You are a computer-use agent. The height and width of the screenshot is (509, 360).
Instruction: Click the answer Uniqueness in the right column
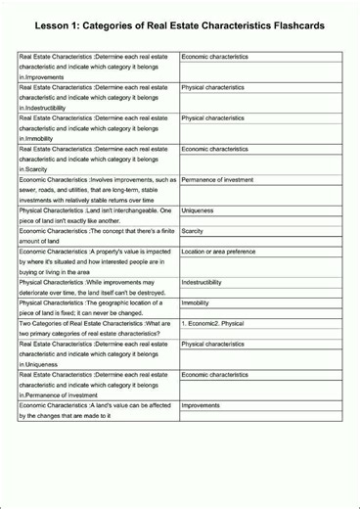198,210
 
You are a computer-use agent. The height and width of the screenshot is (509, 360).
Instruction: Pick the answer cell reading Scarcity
193,231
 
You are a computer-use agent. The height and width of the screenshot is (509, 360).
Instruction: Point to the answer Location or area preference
218,252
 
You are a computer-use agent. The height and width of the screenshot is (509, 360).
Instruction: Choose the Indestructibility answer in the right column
208,282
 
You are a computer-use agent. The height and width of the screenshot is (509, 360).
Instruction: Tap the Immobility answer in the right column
196,302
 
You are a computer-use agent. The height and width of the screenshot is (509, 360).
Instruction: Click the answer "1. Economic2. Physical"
212,323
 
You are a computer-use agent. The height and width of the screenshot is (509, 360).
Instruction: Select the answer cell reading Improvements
201,405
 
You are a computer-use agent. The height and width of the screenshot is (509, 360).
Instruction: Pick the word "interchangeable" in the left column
130,210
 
